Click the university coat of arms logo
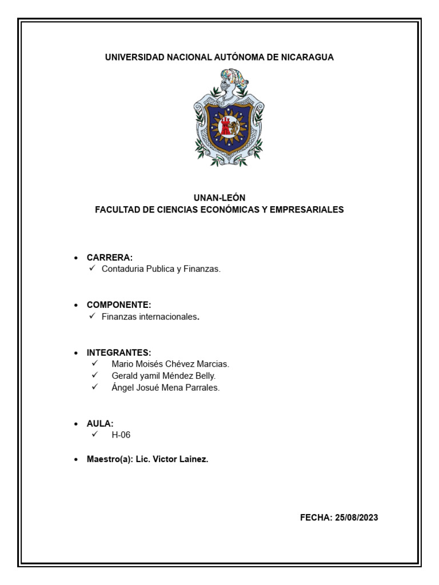coord(229,118)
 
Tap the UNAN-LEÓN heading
coord(219,198)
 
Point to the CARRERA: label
coord(110,258)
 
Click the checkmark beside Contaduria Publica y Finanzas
coord(93,269)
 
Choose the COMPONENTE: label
coord(119,305)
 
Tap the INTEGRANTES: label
coord(119,352)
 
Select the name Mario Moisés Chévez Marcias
coord(170,364)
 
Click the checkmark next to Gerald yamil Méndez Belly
coord(95,375)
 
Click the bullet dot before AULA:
coord(76,424)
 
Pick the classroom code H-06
coord(121,435)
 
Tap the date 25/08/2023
coord(357,518)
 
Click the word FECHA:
coord(316,518)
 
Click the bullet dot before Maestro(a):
coord(76,460)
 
